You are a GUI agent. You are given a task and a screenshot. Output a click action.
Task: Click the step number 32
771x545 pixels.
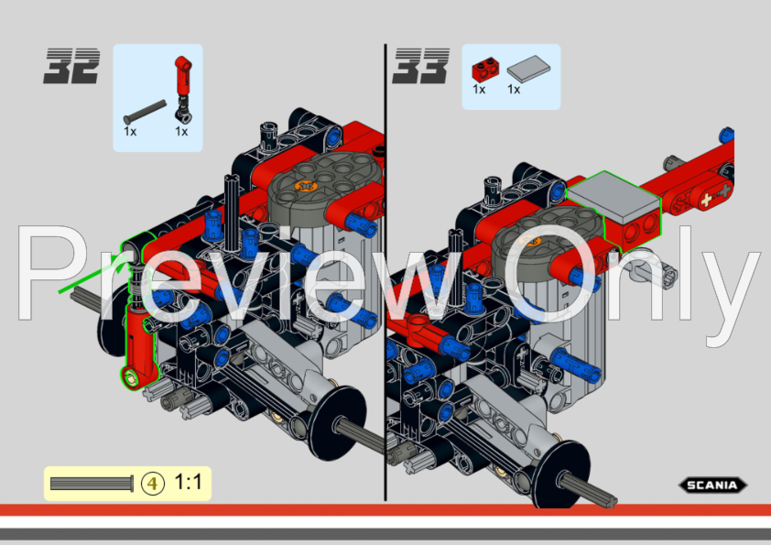[71, 66]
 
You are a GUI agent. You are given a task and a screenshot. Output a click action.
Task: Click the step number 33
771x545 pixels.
[421, 66]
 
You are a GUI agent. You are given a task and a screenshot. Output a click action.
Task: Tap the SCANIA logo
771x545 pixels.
[712, 485]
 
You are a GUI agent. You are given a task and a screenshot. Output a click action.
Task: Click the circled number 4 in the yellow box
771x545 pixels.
[153, 483]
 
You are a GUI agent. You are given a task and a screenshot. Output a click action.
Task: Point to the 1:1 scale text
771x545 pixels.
[188, 482]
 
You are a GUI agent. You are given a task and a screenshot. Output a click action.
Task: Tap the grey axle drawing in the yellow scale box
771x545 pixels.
[92, 483]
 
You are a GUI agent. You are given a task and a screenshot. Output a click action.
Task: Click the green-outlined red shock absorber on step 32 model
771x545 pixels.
[140, 339]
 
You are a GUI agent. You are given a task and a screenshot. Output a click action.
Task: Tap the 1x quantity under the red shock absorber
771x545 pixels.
[181, 131]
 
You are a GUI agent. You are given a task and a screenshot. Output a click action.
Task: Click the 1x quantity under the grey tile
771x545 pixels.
[514, 90]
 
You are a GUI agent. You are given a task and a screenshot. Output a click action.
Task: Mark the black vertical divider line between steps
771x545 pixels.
[385, 275]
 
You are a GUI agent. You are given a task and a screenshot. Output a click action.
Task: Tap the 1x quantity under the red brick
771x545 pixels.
[479, 90]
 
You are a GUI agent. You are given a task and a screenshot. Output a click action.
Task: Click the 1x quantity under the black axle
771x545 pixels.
[130, 131]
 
